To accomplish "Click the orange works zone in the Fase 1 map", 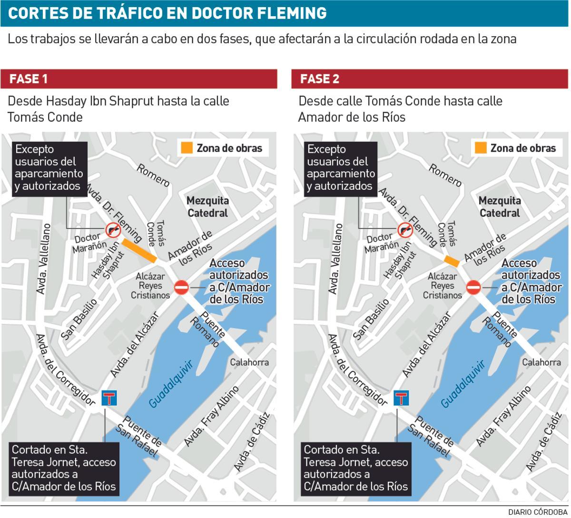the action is pos(139,250).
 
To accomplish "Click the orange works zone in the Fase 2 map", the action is pos(451,261).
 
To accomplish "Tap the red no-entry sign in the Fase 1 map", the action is pos(181,287).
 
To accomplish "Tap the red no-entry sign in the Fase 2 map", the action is pos(473,287).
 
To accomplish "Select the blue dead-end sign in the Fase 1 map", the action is pos(109,398).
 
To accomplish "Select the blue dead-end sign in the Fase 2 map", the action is pos(402,398).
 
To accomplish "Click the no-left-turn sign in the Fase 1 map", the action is pos(113,230).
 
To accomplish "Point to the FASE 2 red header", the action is pos(430,79).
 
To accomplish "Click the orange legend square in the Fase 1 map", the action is pos(187,147).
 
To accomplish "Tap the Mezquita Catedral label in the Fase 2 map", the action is pos(500,206).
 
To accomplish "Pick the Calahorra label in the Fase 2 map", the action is pos(541,362).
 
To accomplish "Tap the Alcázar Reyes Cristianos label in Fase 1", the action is pos(150,286).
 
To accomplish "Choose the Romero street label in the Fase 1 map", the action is pos(153,175).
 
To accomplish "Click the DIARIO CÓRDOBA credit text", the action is pos(538,512).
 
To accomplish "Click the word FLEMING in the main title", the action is pos(291,13).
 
